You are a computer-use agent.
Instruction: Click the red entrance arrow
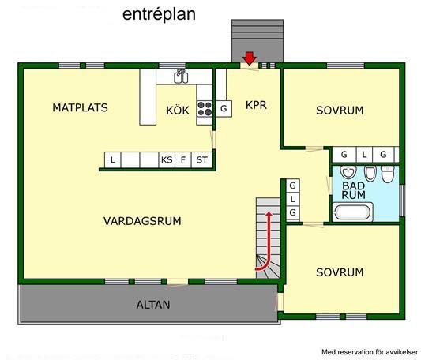pos(250,58)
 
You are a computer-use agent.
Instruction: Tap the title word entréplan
pos(159,14)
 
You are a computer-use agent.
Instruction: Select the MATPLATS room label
pos(80,107)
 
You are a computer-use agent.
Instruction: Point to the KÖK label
pos(178,110)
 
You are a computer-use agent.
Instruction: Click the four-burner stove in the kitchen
pos(205,109)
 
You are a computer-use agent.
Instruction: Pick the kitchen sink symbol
pos(181,77)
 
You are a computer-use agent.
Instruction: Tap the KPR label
pos(256,105)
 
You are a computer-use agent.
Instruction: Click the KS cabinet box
pos(167,159)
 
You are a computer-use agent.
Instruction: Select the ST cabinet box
pos(201,159)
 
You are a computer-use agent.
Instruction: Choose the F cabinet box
pos(183,159)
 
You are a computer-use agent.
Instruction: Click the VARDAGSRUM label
pos(142,221)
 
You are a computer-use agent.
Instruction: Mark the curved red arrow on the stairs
pos(268,242)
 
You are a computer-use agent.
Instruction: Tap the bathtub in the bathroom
pos(352,212)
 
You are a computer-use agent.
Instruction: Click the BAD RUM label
pos(353,190)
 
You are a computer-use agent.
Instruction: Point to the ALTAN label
pos(153,305)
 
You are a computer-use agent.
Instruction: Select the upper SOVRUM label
pos(340,111)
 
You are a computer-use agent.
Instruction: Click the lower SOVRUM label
pos(340,272)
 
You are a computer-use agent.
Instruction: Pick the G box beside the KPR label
pos(224,108)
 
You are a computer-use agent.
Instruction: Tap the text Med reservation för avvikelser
pos(370,352)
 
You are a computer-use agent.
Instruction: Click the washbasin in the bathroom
pos(348,171)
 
